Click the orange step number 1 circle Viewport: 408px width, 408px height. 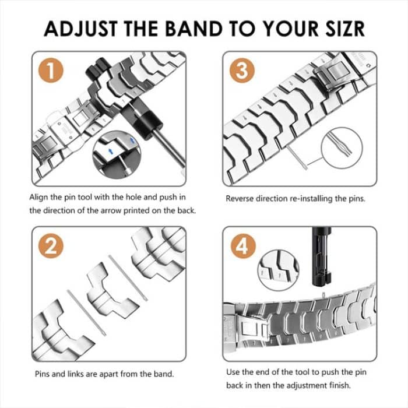51,72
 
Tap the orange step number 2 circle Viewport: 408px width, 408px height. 51,247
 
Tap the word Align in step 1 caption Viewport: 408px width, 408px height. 40,198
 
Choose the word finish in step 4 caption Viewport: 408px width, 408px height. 332,385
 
